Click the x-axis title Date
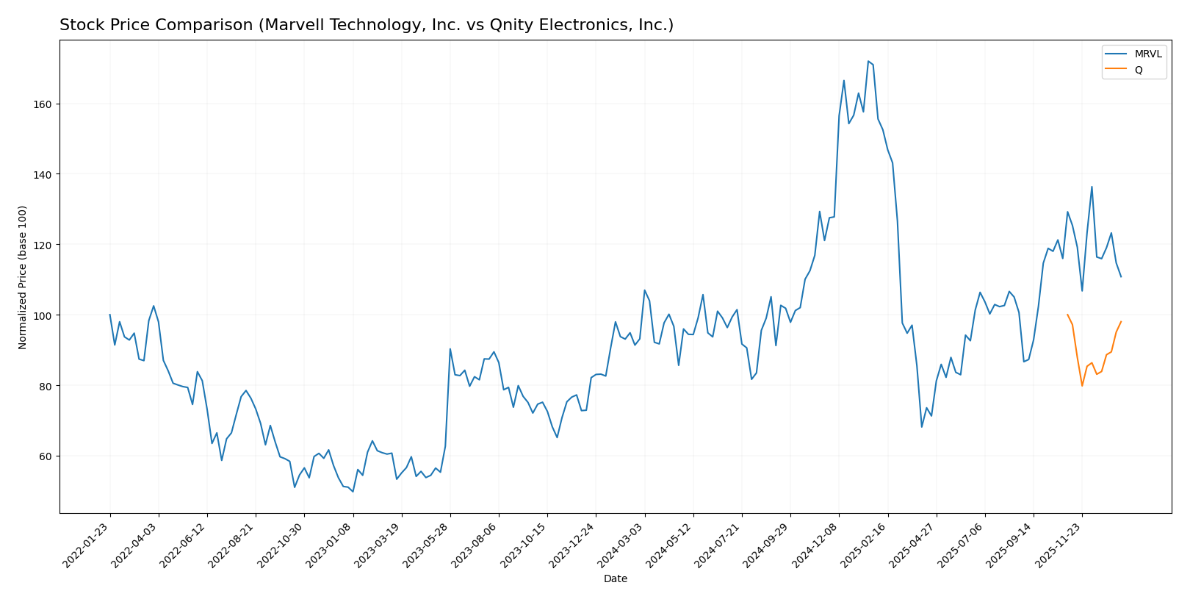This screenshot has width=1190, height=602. point(616,579)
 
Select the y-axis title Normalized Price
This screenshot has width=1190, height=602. point(23,277)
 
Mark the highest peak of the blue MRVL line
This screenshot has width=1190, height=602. point(868,61)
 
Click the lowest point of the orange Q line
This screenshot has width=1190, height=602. point(1082,386)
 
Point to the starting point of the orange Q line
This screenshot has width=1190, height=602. point(1067,315)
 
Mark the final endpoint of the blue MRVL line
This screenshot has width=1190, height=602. point(1121,277)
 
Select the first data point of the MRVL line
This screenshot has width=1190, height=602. point(110,315)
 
